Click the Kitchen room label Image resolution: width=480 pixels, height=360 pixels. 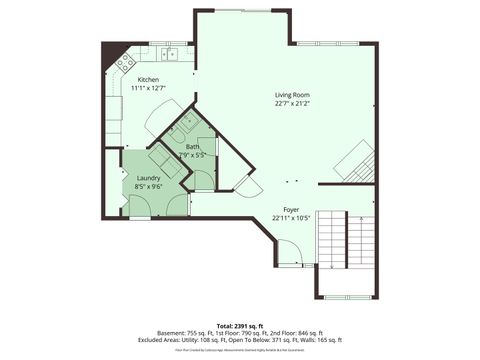pyautogui.click(x=147, y=79)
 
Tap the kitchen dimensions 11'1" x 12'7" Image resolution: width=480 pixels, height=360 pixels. pyautogui.click(x=147, y=87)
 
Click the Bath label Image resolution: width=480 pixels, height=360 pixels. pyautogui.click(x=192, y=147)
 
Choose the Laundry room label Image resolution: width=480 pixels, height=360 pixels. pyautogui.click(x=148, y=177)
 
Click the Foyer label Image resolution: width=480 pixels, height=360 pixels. pyautogui.click(x=291, y=209)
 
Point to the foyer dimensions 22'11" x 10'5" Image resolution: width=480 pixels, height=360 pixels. pyautogui.click(x=291, y=217)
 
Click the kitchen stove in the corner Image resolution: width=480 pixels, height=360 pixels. pyautogui.click(x=126, y=62)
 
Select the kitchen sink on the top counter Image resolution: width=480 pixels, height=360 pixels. pyautogui.click(x=171, y=53)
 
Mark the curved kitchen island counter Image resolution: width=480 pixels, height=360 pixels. pyautogui.click(x=165, y=119)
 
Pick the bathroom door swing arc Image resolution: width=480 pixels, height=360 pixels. pyautogui.click(x=202, y=179)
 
